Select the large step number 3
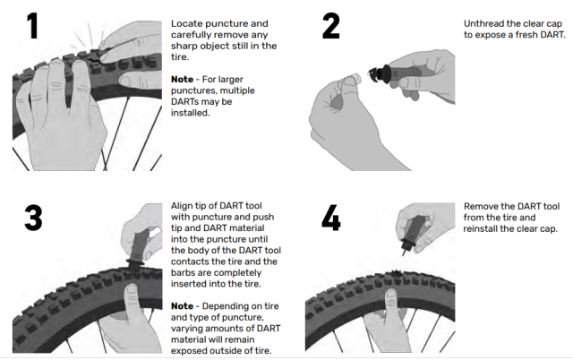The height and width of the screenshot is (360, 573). (x=33, y=219)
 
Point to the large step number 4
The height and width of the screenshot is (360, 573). (x=331, y=219)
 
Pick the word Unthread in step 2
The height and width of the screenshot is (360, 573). (x=483, y=21)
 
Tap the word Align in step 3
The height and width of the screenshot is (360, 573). (x=183, y=205)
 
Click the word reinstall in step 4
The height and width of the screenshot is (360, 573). (x=483, y=228)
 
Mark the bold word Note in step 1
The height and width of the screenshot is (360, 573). (x=184, y=80)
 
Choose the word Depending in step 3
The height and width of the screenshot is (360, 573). (x=227, y=307)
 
